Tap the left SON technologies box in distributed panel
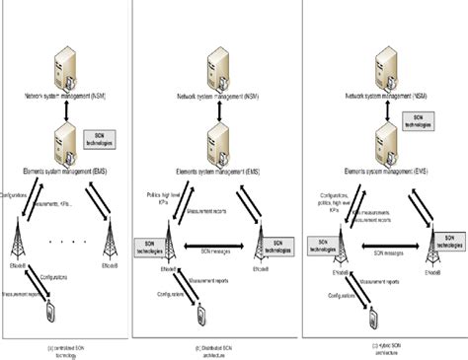pyautogui.click(x=152, y=244)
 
